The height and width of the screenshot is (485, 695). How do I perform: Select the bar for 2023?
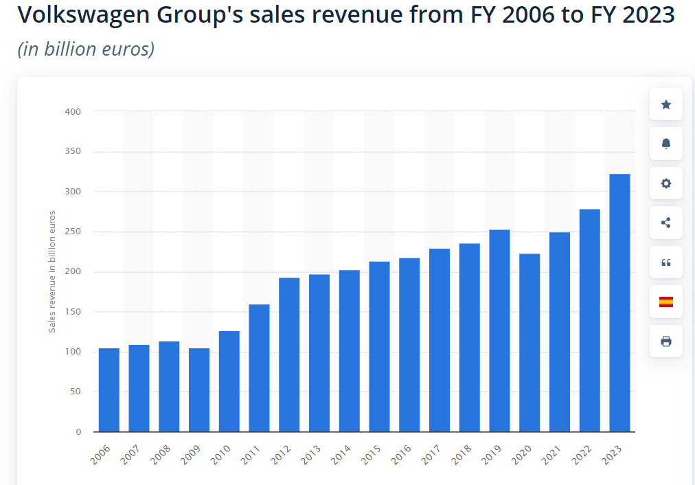pos(619,302)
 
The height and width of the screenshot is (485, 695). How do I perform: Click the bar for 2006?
pos(109,390)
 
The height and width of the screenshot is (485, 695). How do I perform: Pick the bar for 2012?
pos(289,354)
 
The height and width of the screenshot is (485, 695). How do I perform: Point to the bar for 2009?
pos(199,390)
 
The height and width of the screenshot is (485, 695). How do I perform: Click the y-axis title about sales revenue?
pos(52,271)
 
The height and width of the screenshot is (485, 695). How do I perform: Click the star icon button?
pos(665,104)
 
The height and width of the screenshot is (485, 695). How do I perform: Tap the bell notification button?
pos(665,144)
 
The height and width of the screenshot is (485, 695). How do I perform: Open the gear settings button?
pos(665,183)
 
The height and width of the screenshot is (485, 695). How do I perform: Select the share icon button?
pos(665,223)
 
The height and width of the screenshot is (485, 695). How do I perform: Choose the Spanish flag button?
pos(665,302)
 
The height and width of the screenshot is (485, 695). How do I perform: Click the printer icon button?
pos(665,341)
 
